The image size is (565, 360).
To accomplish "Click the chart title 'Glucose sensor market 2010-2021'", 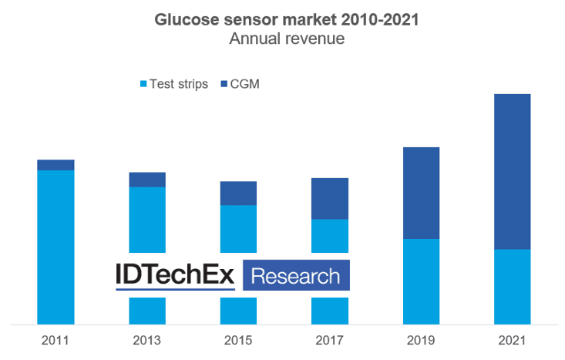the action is (287, 19).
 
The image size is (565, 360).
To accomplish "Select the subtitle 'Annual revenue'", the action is (287, 39).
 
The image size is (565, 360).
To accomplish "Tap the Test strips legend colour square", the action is (143, 84).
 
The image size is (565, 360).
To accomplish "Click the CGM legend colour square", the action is (224, 84).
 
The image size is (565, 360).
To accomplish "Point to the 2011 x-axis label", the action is (55, 340).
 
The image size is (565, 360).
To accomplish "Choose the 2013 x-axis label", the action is (146, 340).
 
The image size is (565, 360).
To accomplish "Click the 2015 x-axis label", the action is (238, 340).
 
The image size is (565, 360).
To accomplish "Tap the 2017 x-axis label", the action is (329, 340).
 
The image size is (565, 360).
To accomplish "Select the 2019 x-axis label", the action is (421, 340).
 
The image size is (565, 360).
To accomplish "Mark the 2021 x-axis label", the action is (512, 340).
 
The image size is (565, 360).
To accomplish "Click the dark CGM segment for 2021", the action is (513, 172).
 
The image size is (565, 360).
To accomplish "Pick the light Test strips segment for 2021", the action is (513, 287).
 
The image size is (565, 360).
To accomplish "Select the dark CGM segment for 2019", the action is (421, 193).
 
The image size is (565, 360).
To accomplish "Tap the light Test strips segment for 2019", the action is (421, 282).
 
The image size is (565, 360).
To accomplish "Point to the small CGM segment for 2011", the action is (55, 165).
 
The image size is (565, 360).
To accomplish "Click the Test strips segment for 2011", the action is (55, 247).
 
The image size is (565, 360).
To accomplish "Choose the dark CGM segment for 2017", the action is (330, 199).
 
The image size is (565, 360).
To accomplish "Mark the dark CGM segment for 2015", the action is (238, 193).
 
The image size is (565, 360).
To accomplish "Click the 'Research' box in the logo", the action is (296, 275).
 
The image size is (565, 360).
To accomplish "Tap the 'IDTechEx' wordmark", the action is (175, 274).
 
